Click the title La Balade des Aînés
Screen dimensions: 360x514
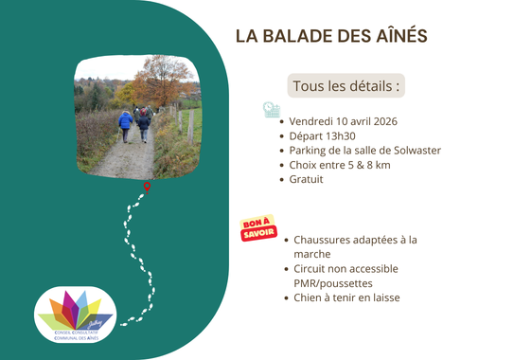330,36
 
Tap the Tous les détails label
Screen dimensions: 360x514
346,85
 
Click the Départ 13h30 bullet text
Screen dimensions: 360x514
321,135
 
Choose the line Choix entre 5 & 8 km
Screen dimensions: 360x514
338,164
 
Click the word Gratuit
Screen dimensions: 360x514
308,178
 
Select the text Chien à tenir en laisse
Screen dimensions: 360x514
346,297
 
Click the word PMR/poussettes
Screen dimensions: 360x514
333,282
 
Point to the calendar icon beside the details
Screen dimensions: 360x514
272,110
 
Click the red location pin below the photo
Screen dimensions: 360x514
147,187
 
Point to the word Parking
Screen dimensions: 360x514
312,150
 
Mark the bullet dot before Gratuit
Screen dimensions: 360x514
284,179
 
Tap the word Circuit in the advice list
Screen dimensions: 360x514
314,268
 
